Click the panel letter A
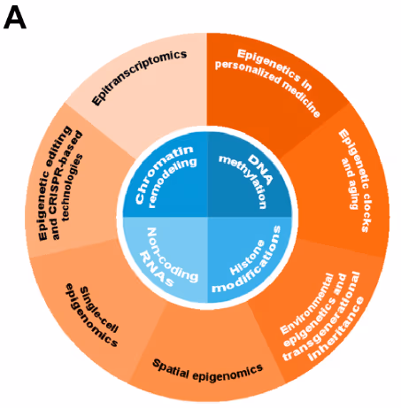coord(17,17)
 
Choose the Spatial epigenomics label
coord(208,366)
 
